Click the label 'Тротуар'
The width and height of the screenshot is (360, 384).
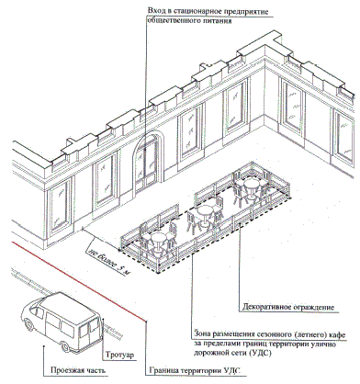point(120,356)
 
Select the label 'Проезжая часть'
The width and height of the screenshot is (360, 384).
point(78,370)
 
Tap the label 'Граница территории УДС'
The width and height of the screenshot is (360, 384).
point(195,370)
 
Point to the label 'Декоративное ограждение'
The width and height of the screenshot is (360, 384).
point(288,307)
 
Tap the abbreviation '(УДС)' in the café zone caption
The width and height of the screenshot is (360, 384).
point(260,353)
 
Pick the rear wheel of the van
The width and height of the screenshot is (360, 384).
point(65,347)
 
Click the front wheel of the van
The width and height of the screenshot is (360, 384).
point(28,324)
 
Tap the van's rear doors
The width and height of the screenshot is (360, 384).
point(88,330)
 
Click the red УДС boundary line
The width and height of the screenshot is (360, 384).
point(79,281)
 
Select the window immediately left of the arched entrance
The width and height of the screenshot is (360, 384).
point(105,181)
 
